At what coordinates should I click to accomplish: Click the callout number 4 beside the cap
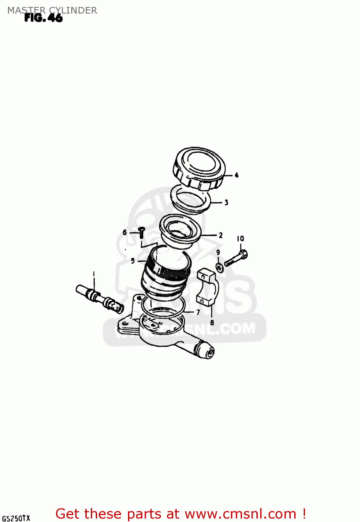(x=237, y=175)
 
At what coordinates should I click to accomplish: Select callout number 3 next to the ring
(x=226, y=202)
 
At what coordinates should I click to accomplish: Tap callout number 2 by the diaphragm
(x=221, y=235)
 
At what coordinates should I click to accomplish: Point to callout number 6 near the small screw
(x=125, y=232)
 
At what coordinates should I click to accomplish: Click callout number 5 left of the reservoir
(x=133, y=261)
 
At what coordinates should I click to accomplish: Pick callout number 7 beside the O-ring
(x=198, y=312)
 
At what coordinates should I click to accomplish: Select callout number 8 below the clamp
(x=212, y=323)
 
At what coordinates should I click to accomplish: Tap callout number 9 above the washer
(x=218, y=252)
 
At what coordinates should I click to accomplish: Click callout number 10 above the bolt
(x=240, y=239)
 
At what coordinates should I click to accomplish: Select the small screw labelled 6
(x=141, y=231)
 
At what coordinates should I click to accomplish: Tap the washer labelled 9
(x=220, y=268)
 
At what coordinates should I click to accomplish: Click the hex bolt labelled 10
(x=236, y=259)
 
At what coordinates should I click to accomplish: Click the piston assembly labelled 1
(x=99, y=298)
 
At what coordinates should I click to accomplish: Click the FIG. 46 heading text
(x=43, y=18)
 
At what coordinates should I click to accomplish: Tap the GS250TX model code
(x=16, y=518)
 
